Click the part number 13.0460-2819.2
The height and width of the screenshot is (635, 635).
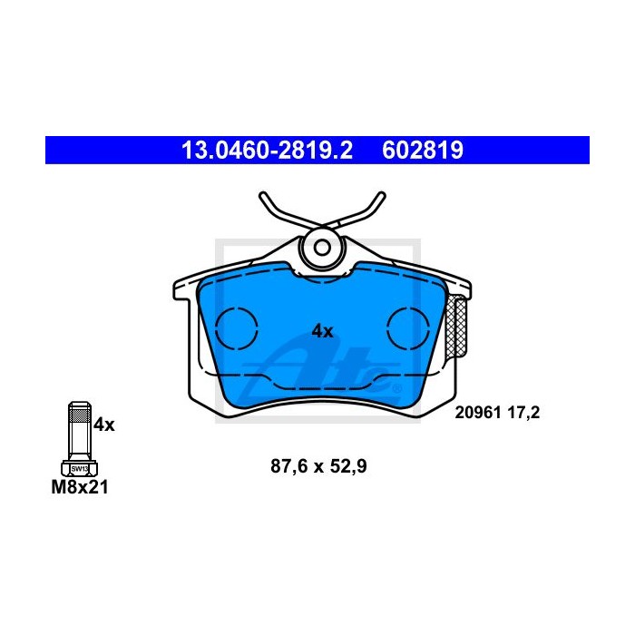(x=267, y=151)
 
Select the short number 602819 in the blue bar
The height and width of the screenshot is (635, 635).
(x=423, y=151)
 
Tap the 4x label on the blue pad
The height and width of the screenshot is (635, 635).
(x=322, y=332)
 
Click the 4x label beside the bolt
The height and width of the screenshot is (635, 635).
(x=104, y=425)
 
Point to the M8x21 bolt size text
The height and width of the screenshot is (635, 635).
(x=80, y=487)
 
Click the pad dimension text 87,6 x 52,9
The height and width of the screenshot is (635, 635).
(x=318, y=466)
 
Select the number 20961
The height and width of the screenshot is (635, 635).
(x=478, y=413)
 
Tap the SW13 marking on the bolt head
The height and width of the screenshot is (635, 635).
(x=80, y=469)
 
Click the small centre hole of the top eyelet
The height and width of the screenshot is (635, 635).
(x=322, y=248)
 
